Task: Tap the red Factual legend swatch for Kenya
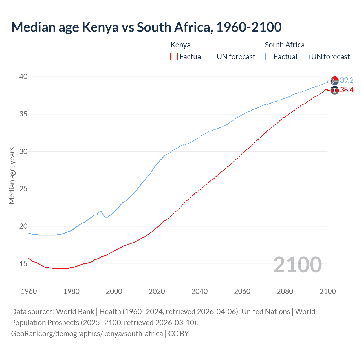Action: [x=174, y=56]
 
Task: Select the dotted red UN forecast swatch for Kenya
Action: [x=212, y=56]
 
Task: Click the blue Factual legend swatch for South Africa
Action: [x=269, y=56]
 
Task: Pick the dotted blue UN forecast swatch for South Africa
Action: [x=306, y=56]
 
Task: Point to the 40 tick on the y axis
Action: [x=23, y=77]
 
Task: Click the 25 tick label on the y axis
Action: [x=23, y=189]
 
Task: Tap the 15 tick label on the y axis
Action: [x=23, y=264]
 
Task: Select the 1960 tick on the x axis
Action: [x=29, y=291]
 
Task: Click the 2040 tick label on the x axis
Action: [x=199, y=291]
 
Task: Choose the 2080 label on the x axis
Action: [x=285, y=291]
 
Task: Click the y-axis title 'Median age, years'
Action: [x=12, y=175]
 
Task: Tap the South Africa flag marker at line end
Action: [x=334, y=81]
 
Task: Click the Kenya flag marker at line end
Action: [x=334, y=90]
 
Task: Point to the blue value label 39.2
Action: [x=347, y=80]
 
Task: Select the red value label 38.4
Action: [x=347, y=90]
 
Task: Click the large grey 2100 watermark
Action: [x=297, y=265]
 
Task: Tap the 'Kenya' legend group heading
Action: [x=180, y=45]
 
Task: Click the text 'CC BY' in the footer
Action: [x=179, y=334]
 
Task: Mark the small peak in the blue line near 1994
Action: [x=101, y=211]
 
